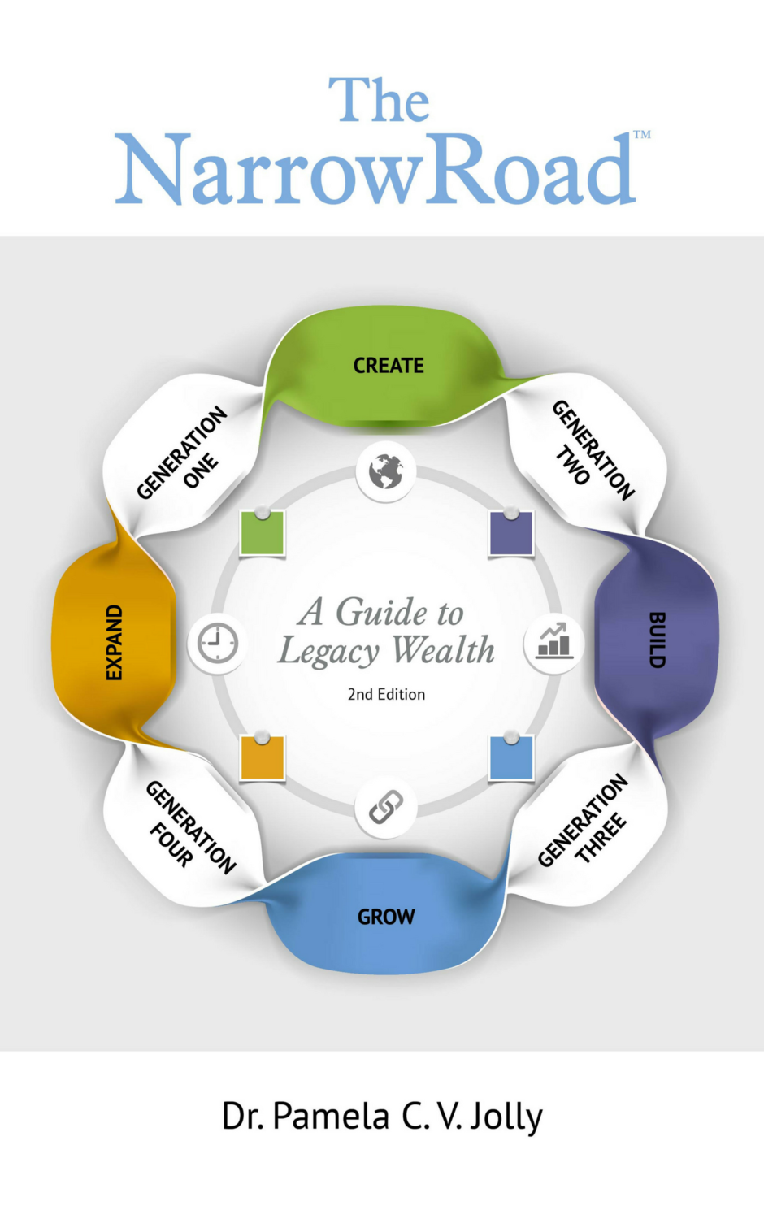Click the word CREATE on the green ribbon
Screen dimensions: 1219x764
point(389,366)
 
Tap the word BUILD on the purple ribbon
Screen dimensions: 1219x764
point(657,640)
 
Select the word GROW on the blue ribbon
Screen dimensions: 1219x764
point(386,917)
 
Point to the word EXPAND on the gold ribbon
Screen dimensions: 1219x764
point(115,642)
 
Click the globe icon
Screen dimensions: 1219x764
point(386,471)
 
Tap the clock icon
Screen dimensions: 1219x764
point(217,644)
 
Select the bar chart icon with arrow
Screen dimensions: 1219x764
point(553,642)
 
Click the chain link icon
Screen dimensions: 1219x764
point(386,808)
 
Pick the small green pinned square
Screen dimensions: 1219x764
point(263,532)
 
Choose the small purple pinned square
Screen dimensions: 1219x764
point(511,533)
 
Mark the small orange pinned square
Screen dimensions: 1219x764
point(263,757)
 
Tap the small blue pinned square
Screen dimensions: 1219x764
point(511,757)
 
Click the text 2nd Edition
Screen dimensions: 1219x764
point(386,694)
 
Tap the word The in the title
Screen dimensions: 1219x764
point(379,101)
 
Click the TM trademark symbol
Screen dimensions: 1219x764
point(642,135)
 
